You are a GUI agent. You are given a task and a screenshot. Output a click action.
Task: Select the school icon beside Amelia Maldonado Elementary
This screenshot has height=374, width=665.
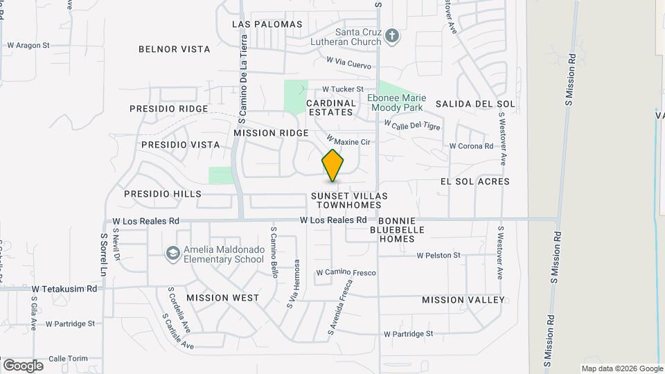tap(172, 254)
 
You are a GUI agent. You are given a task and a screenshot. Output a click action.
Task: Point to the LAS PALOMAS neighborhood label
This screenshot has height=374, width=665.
tap(267, 24)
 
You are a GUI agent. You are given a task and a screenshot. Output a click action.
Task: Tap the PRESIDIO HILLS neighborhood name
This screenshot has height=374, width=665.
tap(163, 195)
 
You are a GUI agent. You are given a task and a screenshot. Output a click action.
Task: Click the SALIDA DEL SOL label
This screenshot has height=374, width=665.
tap(475, 104)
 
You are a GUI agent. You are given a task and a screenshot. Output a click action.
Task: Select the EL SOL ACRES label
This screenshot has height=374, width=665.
tap(475, 181)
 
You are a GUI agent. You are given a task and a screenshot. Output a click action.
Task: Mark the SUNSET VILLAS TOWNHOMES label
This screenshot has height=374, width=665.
tap(349, 201)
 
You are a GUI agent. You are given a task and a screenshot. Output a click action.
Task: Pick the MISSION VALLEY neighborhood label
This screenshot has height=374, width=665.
tap(463, 300)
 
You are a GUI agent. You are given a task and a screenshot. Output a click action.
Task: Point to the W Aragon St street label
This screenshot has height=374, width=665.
tap(28, 45)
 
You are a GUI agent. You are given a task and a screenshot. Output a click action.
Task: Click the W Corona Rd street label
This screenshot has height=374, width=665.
tap(471, 146)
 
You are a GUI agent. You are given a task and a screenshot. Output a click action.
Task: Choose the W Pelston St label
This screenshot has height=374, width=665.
tap(438, 256)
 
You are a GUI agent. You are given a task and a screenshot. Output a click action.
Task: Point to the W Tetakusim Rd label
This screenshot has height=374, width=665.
tap(64, 287)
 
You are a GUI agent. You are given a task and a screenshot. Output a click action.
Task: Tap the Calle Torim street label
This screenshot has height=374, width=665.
tap(69, 358)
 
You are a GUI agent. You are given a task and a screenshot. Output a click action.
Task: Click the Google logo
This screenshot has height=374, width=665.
tap(23, 365)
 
